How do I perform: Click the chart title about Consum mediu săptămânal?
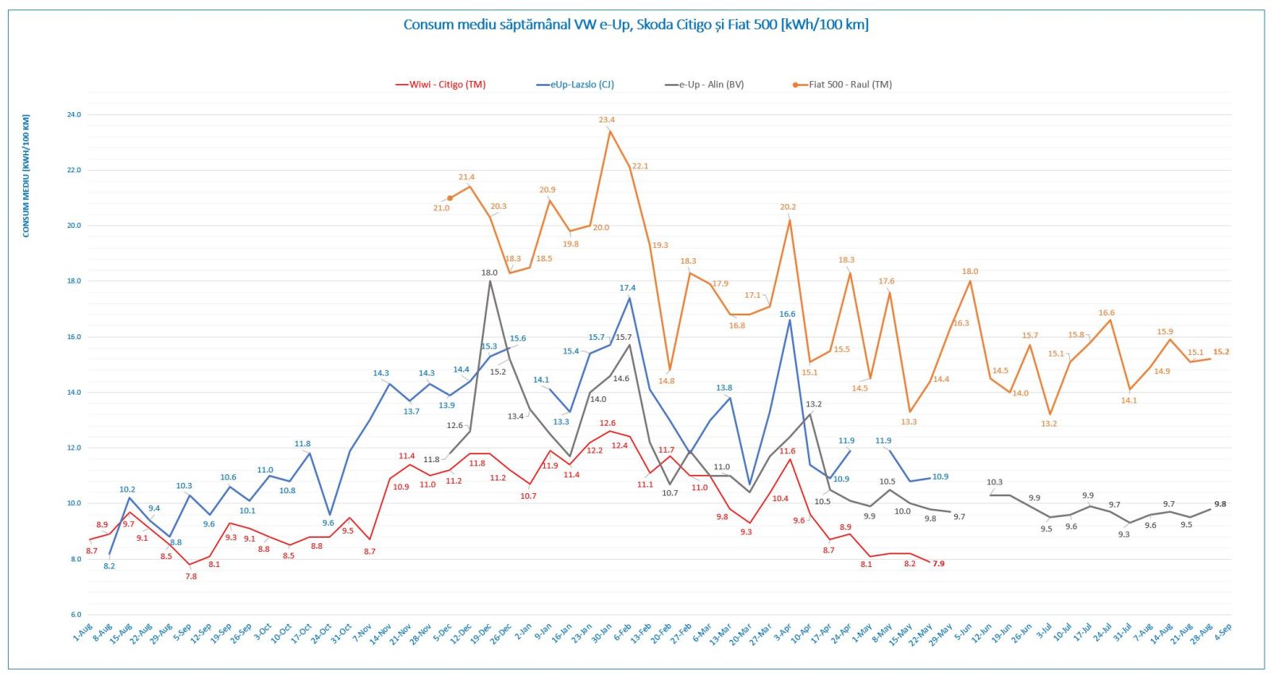tap(635, 25)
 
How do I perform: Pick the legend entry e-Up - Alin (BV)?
tap(710, 85)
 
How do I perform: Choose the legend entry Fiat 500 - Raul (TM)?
tap(849, 85)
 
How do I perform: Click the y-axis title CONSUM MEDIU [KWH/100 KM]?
tap(26, 176)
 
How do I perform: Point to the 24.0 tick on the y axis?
tap(74, 115)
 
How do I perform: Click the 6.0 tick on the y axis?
tap(75, 615)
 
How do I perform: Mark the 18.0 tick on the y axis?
tap(74, 281)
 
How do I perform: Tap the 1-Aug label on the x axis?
tap(83, 633)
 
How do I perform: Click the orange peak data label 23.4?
tap(607, 120)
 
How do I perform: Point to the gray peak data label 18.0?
tap(489, 273)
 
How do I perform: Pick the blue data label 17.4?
tap(628, 288)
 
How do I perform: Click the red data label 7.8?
tap(191, 577)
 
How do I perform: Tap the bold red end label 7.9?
tap(939, 564)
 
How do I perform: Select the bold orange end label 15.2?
tap(1221, 352)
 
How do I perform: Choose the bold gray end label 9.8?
tap(1220, 504)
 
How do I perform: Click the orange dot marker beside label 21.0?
tap(450, 199)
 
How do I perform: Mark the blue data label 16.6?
tap(787, 314)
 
